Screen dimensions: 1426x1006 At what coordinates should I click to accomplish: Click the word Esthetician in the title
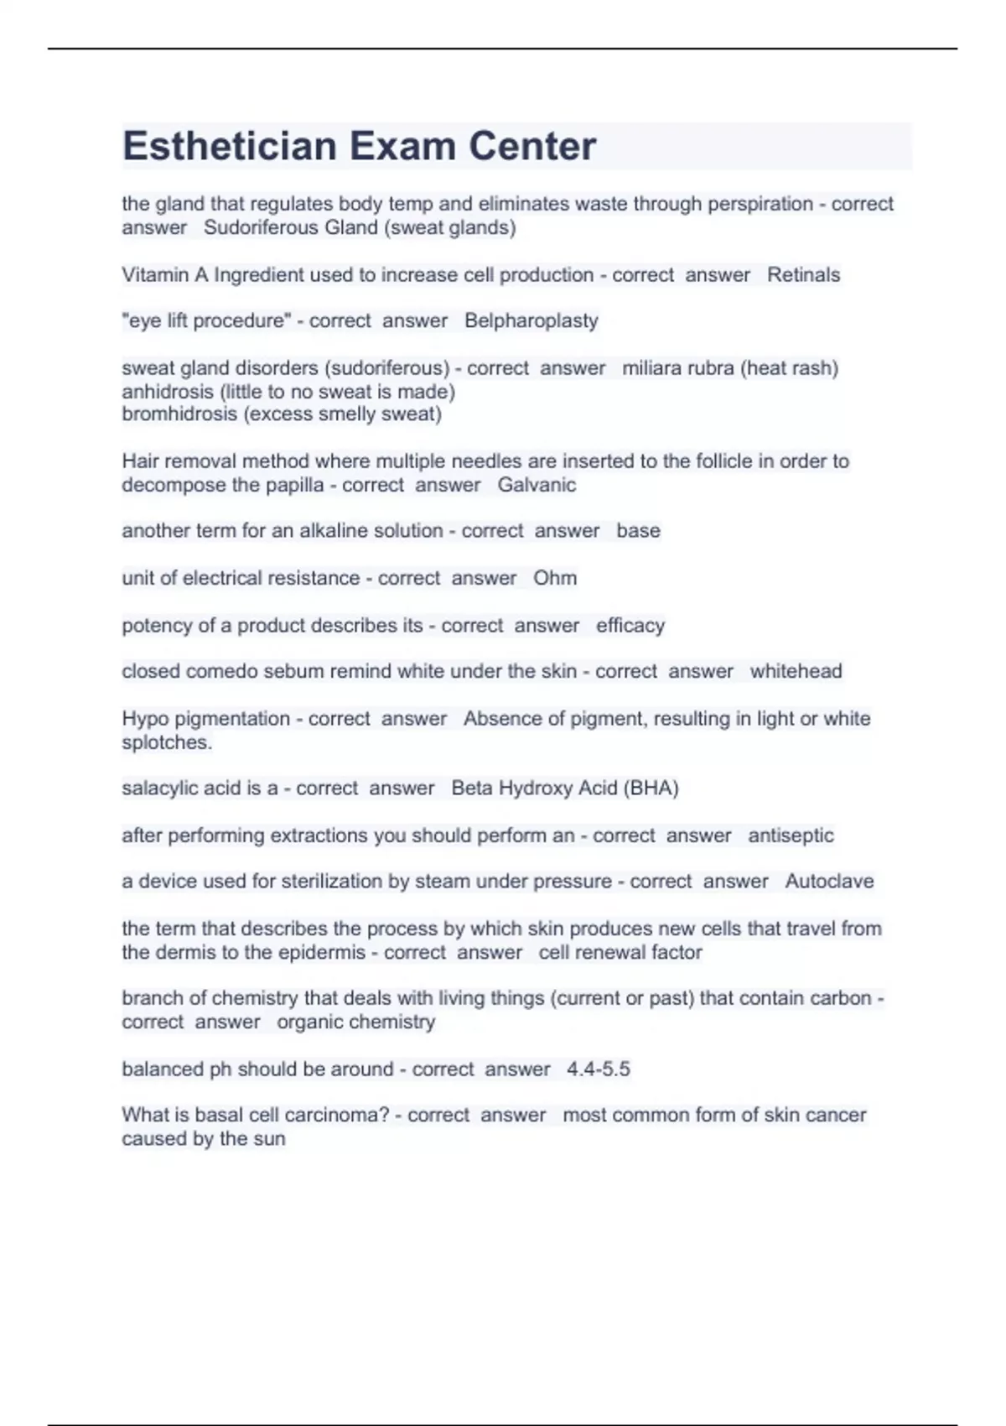pyautogui.click(x=229, y=147)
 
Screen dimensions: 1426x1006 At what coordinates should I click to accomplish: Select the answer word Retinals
pyautogui.click(x=803, y=275)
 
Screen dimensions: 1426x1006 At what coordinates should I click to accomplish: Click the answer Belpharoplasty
pyautogui.click(x=532, y=321)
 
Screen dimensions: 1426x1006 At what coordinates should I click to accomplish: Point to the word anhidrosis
pyautogui.click(x=168, y=392)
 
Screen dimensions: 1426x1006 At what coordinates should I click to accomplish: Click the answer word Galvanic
pyautogui.click(x=537, y=485)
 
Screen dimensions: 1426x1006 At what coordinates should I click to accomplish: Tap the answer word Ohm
pyautogui.click(x=555, y=578)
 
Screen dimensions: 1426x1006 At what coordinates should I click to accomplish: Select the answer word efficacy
pyautogui.click(x=630, y=626)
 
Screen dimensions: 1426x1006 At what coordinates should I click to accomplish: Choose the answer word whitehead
pyautogui.click(x=796, y=671)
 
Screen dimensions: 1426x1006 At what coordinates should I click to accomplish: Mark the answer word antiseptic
pyautogui.click(x=791, y=835)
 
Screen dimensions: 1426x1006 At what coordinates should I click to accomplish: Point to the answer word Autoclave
pyautogui.click(x=829, y=882)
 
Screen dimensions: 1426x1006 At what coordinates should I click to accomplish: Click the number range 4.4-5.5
pyautogui.click(x=599, y=1069)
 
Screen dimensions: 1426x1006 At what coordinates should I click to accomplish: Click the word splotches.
pyautogui.click(x=167, y=742)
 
